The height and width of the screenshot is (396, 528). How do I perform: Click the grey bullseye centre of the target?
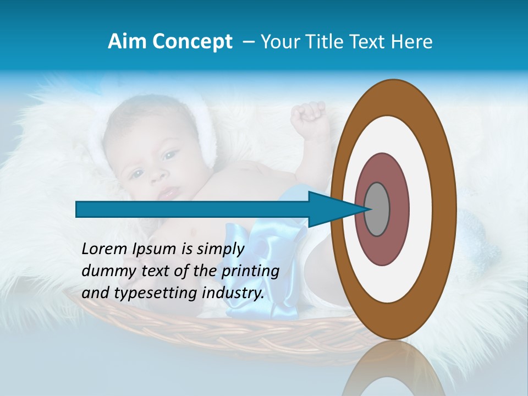[377, 209]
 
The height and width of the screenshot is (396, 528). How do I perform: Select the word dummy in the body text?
[105, 271]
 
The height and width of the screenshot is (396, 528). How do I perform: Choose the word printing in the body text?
[250, 272]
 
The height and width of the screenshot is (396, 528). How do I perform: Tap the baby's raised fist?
[307, 115]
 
